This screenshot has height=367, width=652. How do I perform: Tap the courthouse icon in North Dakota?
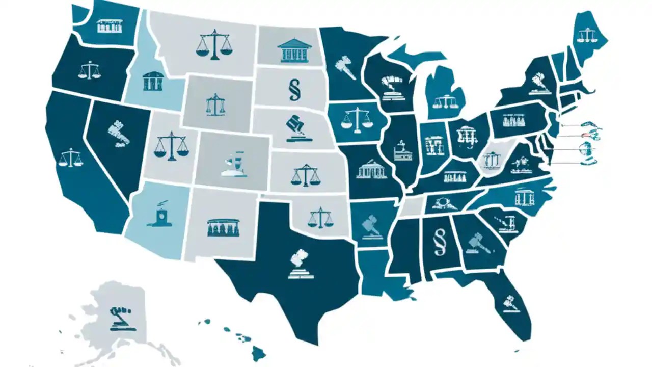(x=294, y=50)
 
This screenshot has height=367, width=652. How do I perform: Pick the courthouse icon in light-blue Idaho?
(x=152, y=81)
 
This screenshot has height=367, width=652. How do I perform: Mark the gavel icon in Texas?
(x=301, y=264)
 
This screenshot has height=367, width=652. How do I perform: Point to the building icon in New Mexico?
(x=223, y=227)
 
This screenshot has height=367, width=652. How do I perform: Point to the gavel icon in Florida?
(x=509, y=303)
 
